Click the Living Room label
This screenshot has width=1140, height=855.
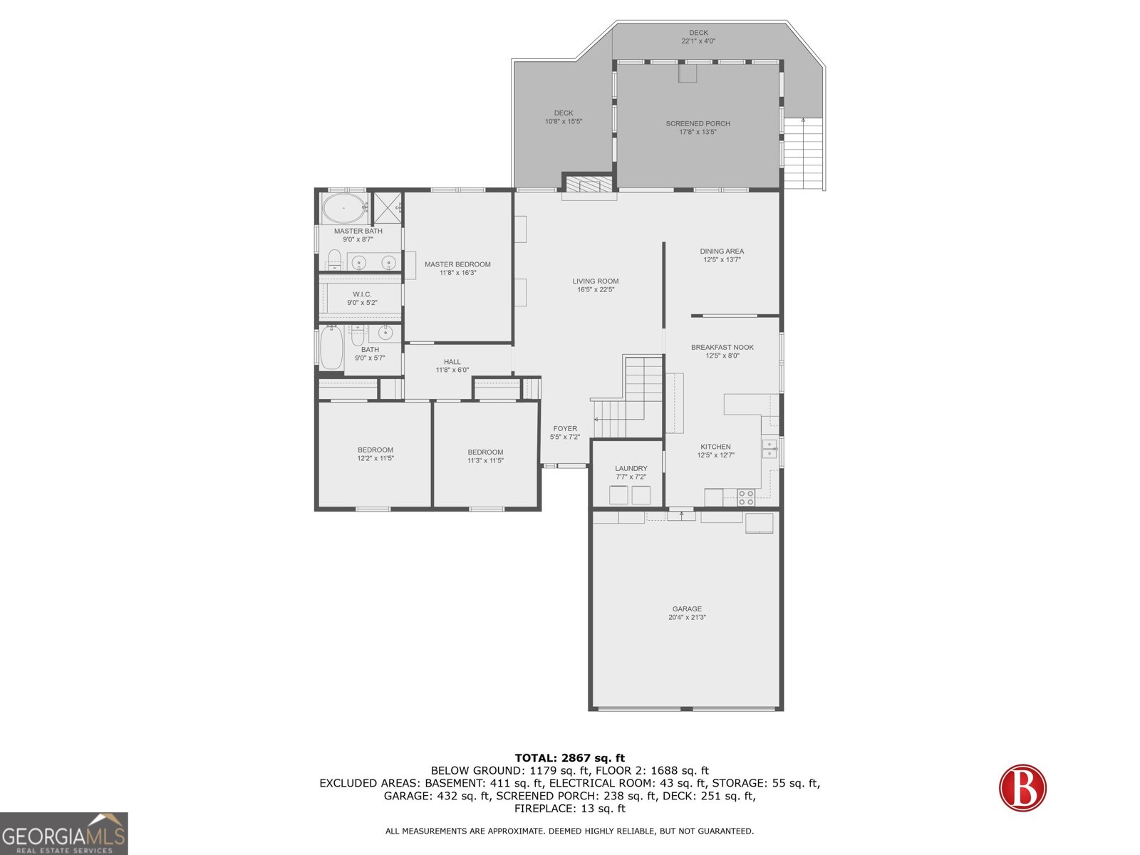595,285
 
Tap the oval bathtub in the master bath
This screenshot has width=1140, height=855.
343,208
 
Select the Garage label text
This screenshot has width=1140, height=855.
687,613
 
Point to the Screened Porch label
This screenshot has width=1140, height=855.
698,128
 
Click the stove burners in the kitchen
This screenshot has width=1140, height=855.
746,497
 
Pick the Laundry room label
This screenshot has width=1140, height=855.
631,472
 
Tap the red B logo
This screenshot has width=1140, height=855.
1022,787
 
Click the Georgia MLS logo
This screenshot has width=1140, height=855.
64,833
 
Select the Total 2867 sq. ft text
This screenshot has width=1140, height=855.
570,758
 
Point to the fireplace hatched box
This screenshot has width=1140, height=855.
589,184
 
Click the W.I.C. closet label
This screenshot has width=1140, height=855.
362,299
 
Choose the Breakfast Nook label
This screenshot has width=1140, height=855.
722,351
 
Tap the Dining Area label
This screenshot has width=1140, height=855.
721,255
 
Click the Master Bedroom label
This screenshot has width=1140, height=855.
457,269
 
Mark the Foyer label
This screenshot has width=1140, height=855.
565,432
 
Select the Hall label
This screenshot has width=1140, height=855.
452,366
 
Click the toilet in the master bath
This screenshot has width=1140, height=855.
334,259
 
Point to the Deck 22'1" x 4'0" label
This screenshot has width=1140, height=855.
698,37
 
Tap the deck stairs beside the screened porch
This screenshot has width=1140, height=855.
804,153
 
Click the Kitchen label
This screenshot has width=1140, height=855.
715,450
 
